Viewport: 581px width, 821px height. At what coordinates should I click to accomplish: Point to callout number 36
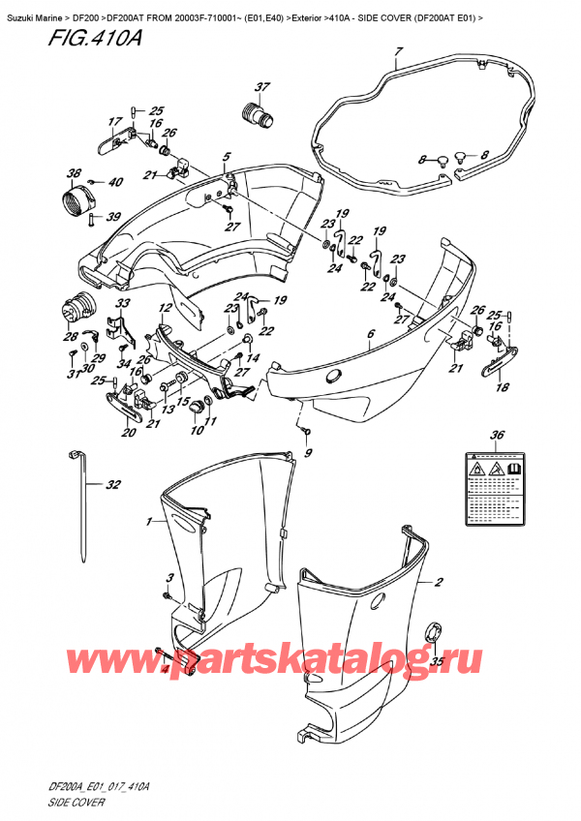(498, 434)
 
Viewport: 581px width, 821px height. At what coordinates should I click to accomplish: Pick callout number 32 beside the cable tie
(114, 485)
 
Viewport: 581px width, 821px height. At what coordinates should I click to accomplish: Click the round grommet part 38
(76, 204)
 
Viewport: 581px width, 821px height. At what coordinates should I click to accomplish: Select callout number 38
(74, 175)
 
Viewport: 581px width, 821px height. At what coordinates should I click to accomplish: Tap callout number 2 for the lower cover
(440, 583)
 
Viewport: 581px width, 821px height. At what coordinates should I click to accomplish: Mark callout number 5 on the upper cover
(226, 156)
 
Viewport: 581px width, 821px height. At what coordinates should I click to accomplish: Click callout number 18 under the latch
(503, 388)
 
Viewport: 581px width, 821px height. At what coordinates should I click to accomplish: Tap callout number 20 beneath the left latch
(129, 433)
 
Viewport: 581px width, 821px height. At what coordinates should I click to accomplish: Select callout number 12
(166, 308)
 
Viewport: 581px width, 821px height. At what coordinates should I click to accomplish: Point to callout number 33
(123, 304)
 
